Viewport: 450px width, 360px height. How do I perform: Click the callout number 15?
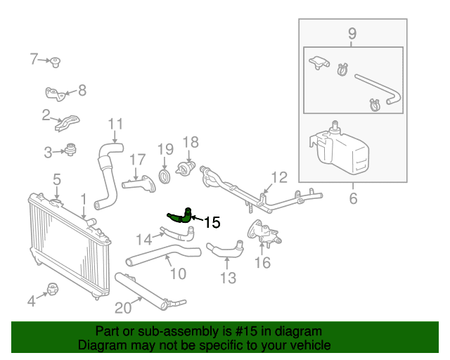(x=212, y=223)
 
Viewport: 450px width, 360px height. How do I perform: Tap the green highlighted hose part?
(x=179, y=216)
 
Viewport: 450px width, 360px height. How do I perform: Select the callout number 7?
(x=34, y=59)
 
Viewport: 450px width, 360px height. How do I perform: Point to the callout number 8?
(x=82, y=90)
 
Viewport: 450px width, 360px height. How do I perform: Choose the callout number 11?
(x=115, y=124)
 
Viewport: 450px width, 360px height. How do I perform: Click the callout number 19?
(x=165, y=149)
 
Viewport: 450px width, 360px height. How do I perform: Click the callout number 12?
(x=279, y=177)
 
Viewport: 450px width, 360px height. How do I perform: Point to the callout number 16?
(x=262, y=263)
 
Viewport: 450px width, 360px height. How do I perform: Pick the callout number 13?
(x=228, y=278)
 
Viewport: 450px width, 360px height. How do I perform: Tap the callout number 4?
(x=31, y=302)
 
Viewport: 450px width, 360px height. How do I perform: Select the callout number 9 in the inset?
(x=352, y=33)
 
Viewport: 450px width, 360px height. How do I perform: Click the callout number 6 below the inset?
(x=352, y=199)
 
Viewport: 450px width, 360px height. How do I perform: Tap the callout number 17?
(x=136, y=160)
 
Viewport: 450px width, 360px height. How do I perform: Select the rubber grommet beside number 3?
(x=70, y=149)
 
